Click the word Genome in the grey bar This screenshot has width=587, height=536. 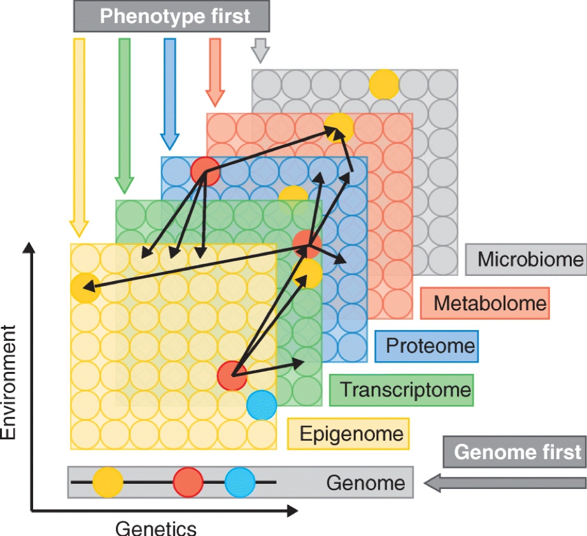click(365, 483)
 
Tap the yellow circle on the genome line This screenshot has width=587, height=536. click(108, 483)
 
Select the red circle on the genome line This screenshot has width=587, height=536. click(188, 483)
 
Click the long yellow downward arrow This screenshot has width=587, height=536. click(79, 137)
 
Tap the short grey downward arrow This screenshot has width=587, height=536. click(259, 50)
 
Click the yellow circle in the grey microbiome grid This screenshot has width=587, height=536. click(384, 83)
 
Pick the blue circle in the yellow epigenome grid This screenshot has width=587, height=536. click(262, 405)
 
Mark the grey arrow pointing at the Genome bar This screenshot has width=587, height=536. click(504, 483)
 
